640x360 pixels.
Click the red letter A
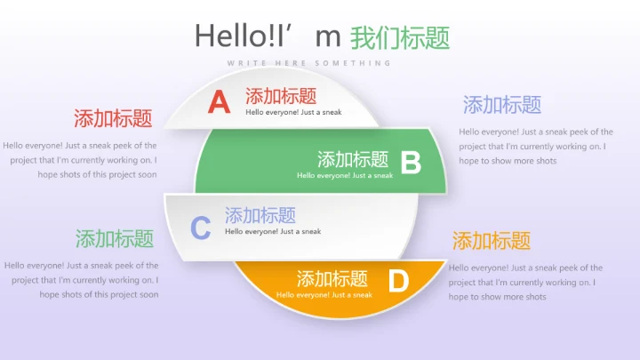point(219,102)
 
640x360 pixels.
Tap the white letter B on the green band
point(411,163)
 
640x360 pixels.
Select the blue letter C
point(201,228)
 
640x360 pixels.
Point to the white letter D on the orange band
point(398,282)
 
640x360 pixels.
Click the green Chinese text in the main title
point(400,37)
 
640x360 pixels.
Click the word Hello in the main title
point(226,36)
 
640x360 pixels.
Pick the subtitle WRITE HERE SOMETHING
point(309,63)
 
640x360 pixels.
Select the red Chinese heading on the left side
point(113,118)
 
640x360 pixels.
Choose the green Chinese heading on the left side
point(115,238)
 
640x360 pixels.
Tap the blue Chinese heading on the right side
point(502,105)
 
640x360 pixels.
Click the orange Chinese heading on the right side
point(492,240)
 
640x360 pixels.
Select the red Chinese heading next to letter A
point(281,96)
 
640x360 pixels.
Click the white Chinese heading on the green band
point(353,160)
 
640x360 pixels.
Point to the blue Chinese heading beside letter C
point(260,215)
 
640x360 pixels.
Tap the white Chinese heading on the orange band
point(332,278)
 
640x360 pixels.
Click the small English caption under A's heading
point(293,112)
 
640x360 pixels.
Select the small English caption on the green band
point(345,175)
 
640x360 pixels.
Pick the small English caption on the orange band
point(324,294)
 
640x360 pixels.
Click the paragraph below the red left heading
point(80,160)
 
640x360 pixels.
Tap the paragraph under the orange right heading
point(525,282)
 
